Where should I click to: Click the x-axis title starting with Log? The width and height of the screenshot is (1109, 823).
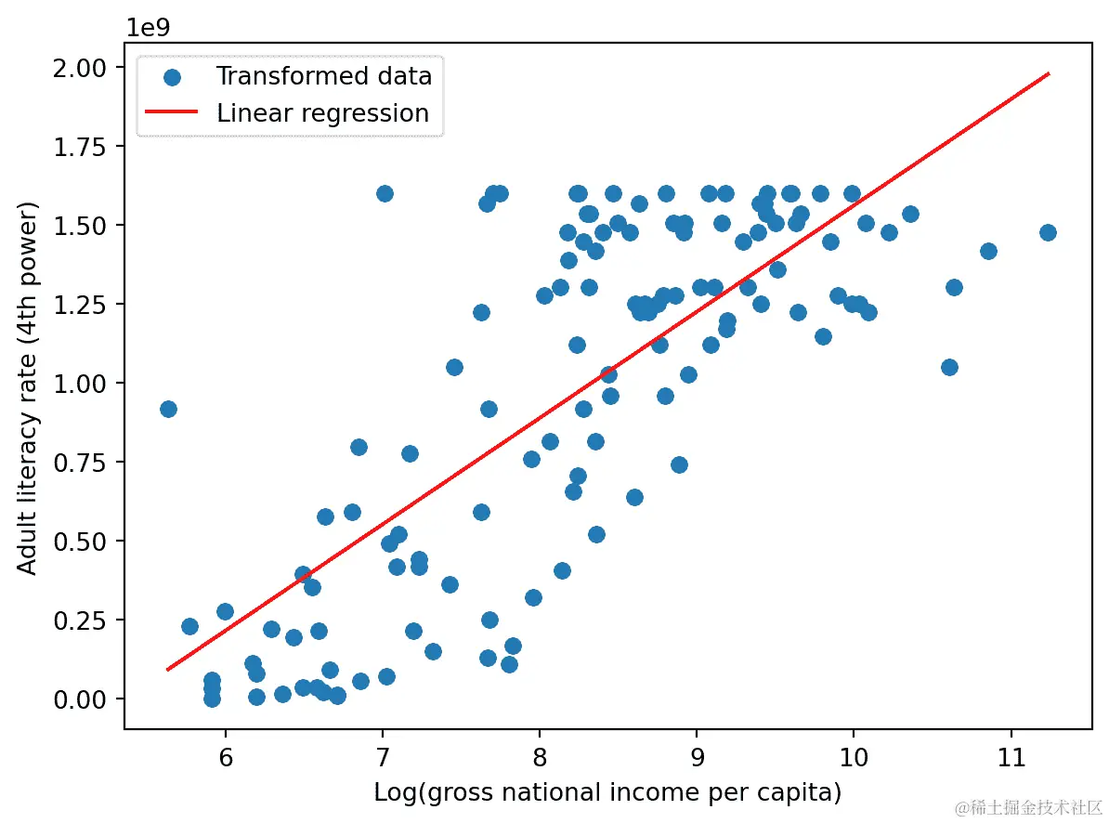607,792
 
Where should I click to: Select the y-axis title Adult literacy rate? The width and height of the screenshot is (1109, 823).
29,385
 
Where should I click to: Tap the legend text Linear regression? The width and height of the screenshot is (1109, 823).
322,113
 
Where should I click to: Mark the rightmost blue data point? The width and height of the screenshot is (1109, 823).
1048,232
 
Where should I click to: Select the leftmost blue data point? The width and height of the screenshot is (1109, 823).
168,409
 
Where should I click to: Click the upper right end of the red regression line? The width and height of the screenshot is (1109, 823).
1048,72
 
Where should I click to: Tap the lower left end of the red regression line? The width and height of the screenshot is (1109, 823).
168,669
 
